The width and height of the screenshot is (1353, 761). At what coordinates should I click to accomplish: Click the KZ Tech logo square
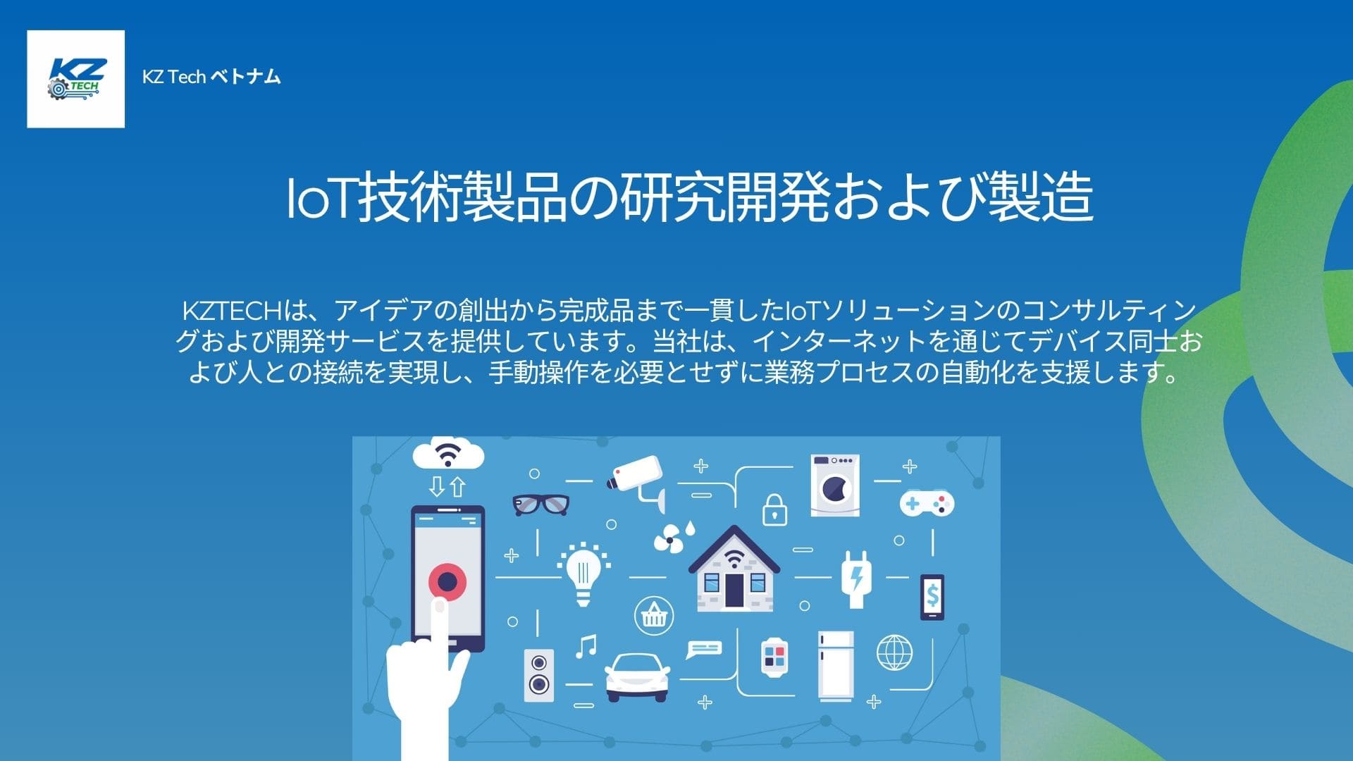75,79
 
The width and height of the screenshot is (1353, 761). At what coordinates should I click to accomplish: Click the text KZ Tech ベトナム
211,77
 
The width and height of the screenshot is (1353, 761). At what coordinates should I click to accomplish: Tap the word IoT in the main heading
321,198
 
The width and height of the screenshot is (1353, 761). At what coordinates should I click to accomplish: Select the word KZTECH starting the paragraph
232,311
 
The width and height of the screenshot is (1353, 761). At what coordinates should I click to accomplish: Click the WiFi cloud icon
448,454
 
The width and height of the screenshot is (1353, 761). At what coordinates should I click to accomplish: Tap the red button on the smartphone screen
447,581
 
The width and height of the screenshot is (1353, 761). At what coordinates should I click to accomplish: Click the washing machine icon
835,485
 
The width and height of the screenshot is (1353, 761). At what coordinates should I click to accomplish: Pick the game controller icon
927,503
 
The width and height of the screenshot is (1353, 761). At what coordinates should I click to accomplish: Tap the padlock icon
775,510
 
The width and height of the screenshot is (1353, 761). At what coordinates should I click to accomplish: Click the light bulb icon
583,573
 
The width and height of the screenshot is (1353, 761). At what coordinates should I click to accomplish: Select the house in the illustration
734,571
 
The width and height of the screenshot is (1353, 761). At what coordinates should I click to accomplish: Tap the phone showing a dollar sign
932,597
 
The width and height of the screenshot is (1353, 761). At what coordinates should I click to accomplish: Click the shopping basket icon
654,615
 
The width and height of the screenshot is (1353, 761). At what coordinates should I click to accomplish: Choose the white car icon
637,676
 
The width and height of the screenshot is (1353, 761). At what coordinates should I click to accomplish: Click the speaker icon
539,674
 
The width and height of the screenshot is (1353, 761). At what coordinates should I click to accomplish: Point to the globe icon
894,652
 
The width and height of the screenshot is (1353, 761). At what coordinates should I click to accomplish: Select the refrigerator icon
836,665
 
